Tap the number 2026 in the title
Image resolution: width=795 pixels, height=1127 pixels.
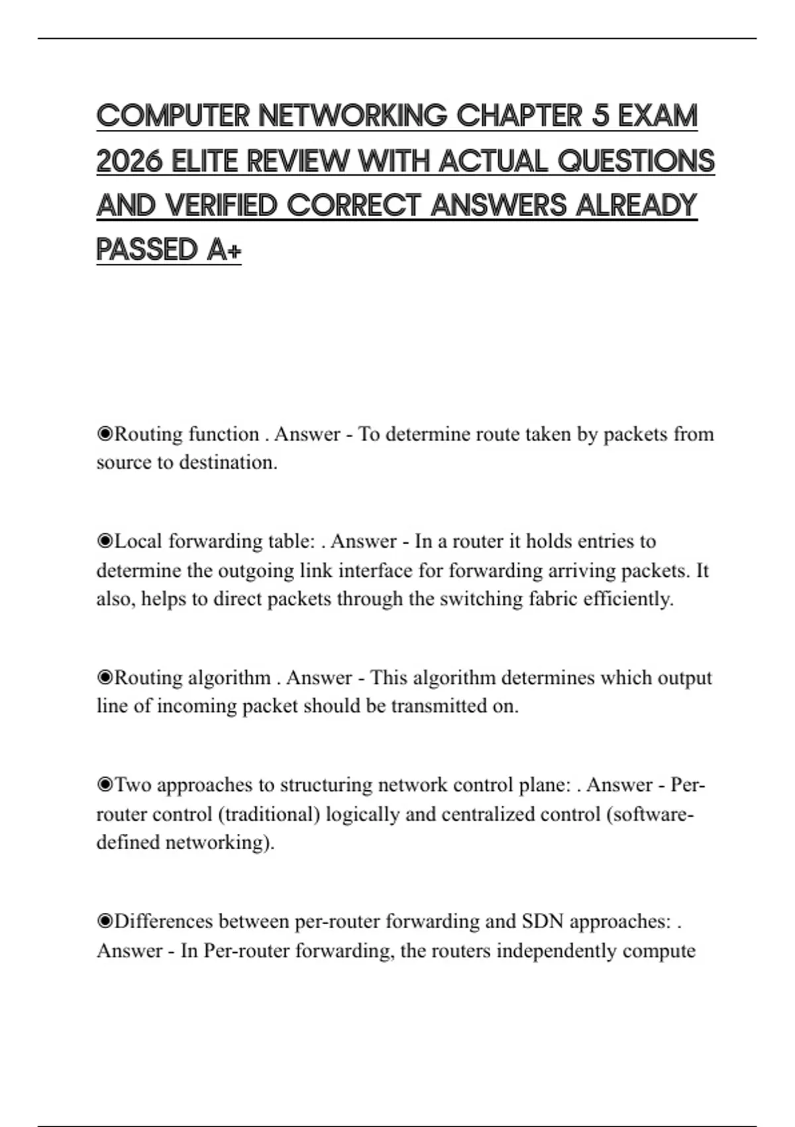click(129, 161)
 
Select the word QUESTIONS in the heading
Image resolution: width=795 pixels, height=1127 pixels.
click(636, 161)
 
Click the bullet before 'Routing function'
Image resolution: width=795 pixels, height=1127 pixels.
click(105, 434)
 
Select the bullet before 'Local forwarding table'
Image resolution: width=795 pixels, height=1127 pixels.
click(105, 542)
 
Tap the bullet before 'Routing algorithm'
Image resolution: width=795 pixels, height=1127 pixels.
click(105, 678)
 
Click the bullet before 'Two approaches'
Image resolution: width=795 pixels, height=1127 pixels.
click(105, 786)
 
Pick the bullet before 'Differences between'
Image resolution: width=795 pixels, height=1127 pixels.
click(105, 922)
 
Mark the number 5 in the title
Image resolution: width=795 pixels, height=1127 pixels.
click(600, 116)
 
